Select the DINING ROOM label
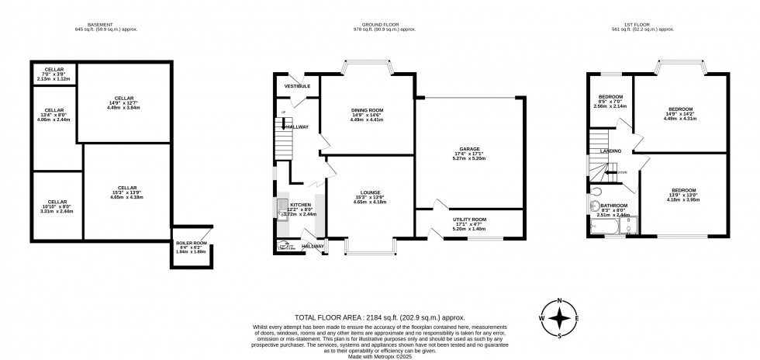pos(367,110)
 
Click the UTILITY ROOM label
pos(469,220)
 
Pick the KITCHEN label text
pos(299,204)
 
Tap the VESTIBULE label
pos(297,86)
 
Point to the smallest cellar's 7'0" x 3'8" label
pos(54,74)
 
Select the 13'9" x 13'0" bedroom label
pos(683,195)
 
